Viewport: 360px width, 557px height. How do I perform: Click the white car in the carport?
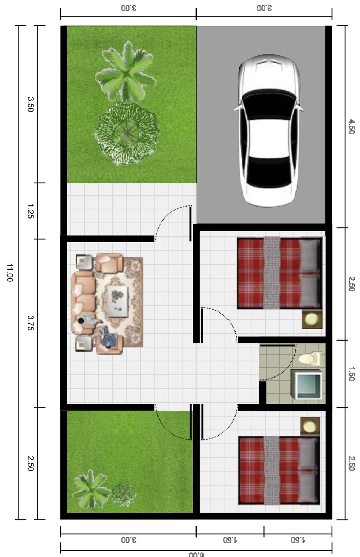coord(269,130)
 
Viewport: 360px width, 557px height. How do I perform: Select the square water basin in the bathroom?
coord(307,385)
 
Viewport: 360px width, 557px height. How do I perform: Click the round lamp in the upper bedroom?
coord(311,319)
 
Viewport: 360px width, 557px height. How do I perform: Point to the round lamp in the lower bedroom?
coord(310,426)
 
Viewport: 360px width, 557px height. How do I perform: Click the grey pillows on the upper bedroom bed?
coord(310,273)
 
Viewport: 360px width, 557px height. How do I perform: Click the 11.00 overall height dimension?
coord(10,272)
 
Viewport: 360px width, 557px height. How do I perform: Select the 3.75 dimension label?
coord(31,323)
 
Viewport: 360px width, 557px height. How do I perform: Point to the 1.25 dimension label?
coord(31,211)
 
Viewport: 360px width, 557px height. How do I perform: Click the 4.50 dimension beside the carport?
coord(351,127)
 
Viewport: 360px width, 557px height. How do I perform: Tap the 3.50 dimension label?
coord(31,105)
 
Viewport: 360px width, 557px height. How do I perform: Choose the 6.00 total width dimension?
coord(196,554)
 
